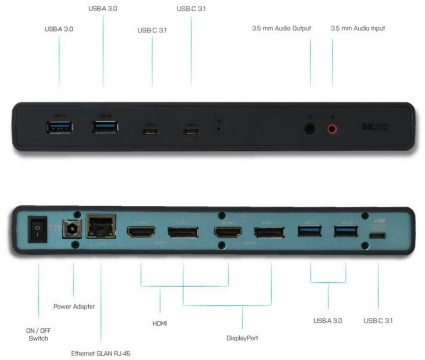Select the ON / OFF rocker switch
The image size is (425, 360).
(38, 230)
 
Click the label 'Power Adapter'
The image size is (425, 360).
(74, 306)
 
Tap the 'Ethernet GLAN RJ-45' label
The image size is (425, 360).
(101, 353)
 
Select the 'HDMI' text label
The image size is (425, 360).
(160, 324)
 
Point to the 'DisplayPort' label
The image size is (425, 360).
(242, 338)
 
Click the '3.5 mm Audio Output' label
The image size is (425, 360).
(281, 28)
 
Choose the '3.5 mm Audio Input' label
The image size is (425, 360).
(358, 28)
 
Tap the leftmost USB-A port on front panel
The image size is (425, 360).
(59, 128)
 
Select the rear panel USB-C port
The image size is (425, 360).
(377, 236)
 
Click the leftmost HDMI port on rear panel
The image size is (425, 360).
(141, 232)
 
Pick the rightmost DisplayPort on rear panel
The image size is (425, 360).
(269, 232)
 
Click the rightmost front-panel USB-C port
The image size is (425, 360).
(191, 131)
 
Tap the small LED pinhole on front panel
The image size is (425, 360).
(219, 128)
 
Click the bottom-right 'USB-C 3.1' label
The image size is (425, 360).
(378, 320)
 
